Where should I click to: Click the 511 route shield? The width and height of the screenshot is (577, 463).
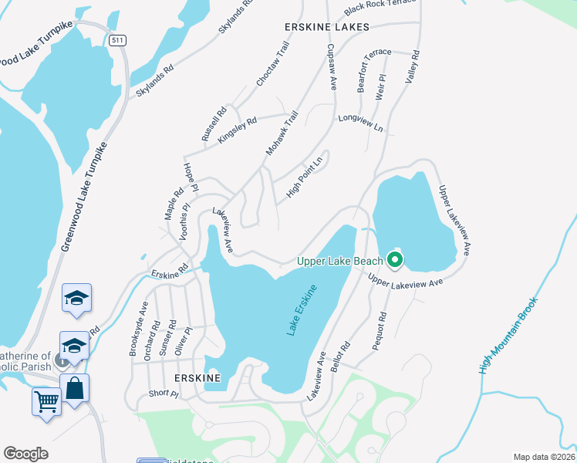[x=117, y=40]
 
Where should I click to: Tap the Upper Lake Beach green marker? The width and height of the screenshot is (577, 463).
[x=395, y=261]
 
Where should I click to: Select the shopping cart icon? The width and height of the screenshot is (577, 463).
[x=46, y=401]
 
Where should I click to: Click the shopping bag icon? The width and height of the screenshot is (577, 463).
[x=75, y=388]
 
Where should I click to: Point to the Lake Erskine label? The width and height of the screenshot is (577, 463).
[x=302, y=310]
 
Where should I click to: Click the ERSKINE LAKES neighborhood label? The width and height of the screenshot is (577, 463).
[x=327, y=27]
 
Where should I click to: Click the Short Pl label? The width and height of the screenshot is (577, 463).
[x=163, y=394]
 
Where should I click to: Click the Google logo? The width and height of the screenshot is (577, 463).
[x=26, y=454]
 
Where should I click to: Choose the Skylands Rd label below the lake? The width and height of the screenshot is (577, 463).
[x=154, y=80]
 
